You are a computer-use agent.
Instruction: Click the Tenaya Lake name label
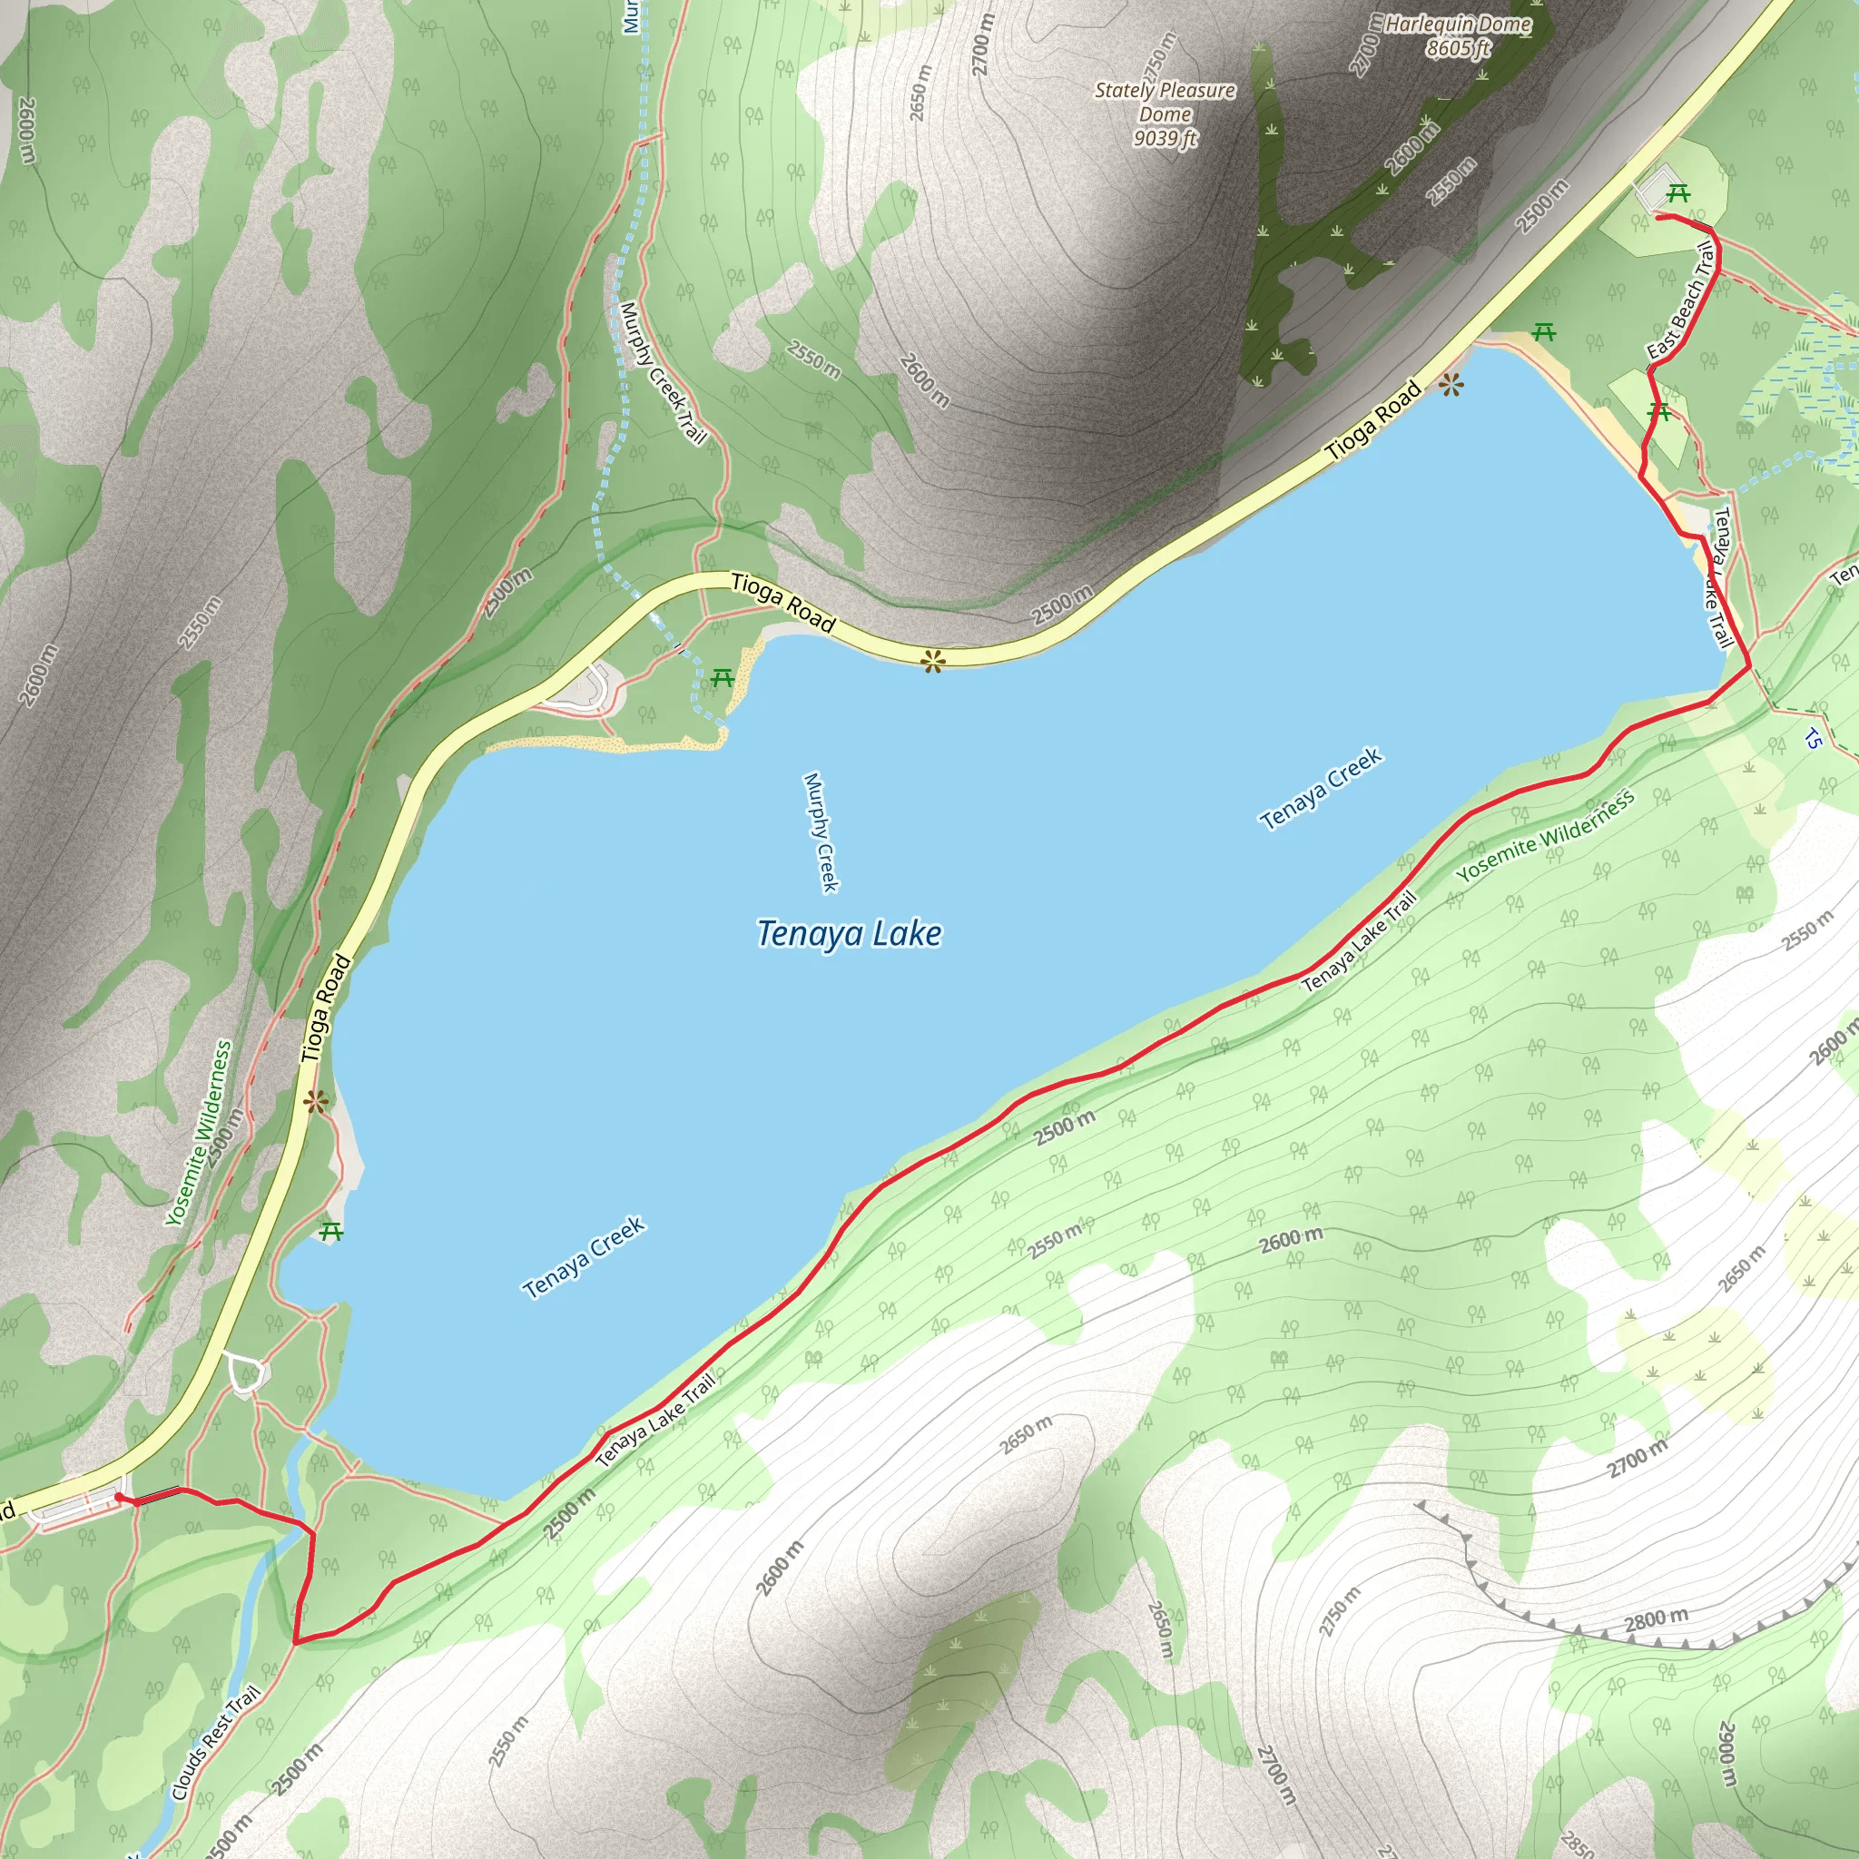849,933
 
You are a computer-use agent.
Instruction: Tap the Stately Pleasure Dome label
1165,113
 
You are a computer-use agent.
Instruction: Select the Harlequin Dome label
1458,35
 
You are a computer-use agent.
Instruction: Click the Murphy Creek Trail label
663,372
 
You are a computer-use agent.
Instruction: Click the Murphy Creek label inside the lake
821,831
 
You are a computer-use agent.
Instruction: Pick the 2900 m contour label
1727,1754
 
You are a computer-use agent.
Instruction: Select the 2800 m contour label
1655,1620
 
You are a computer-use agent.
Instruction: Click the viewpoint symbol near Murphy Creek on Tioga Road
931,661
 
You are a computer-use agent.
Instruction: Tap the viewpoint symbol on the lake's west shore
316,1103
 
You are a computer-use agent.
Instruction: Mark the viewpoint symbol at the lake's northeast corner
1451,387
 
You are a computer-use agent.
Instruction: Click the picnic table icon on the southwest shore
332,1231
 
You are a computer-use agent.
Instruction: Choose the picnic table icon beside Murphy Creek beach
722,678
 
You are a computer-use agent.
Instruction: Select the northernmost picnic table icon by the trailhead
1677,193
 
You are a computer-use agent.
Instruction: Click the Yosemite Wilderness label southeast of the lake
1544,835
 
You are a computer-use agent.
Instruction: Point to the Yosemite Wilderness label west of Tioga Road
199,1134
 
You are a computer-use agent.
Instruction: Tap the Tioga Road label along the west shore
325,1008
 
